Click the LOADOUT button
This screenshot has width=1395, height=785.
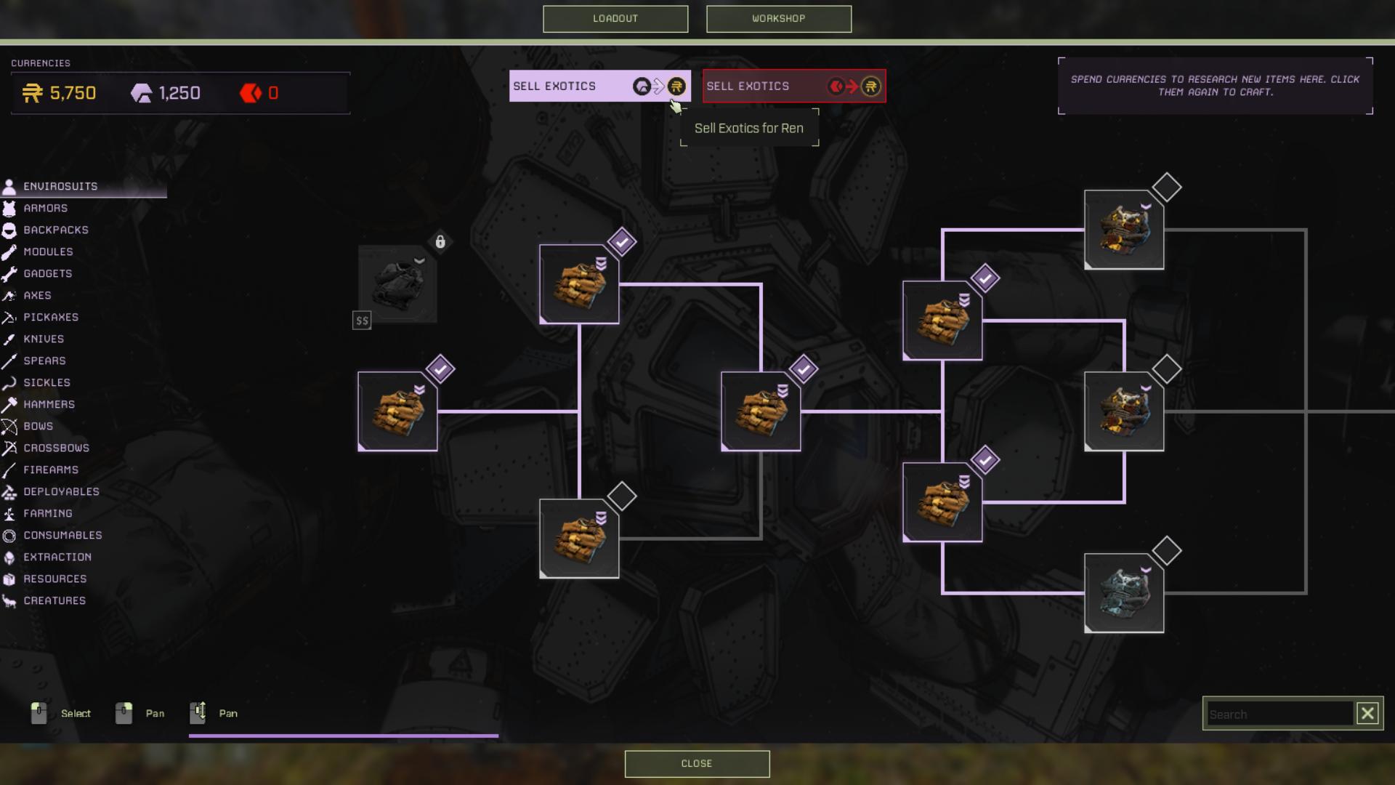615,19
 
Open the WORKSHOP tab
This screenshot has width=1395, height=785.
778,19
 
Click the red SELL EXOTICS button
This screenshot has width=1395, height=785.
793,86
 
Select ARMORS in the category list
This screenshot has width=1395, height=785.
45,209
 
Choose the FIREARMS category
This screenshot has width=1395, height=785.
50,470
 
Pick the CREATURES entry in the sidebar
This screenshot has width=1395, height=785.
54,601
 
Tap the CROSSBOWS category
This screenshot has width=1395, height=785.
56,448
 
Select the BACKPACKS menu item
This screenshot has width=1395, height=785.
55,230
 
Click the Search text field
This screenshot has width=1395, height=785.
1279,714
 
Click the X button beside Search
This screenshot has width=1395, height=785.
1367,714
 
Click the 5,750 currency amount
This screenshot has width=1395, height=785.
73,94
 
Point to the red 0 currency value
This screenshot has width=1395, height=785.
273,94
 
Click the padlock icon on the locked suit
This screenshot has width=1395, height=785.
440,242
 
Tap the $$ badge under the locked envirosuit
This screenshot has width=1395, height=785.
362,321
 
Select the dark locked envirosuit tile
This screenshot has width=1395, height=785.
397,284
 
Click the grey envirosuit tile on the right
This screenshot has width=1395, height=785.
1124,593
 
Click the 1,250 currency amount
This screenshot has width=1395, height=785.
179,94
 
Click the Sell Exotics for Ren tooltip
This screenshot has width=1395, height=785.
748,129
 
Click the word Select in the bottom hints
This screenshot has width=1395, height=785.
76,714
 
